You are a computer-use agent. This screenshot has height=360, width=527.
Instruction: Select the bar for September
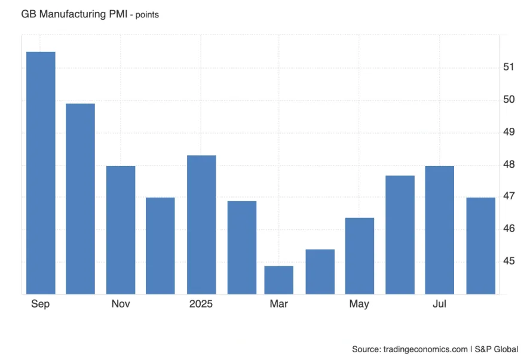coord(41,173)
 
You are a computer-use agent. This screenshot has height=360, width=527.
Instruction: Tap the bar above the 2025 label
coord(201,224)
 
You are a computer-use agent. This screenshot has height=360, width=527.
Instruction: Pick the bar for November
coord(121,230)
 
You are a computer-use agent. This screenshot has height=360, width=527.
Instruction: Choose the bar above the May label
coord(359,256)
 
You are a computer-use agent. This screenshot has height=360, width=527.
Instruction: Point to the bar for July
coord(440,230)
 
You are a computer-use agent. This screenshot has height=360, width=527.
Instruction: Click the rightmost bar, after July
coord(480,245)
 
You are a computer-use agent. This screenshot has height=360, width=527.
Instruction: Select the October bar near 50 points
coord(80,199)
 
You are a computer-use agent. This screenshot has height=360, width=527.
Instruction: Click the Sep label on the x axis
coord(40,304)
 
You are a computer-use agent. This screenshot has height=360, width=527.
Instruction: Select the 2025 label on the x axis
coord(201,304)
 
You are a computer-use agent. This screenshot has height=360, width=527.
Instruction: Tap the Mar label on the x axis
coord(278,304)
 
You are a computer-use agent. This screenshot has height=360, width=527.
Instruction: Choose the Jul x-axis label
coord(439,304)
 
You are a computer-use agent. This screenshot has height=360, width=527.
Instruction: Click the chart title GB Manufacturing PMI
coord(73,14)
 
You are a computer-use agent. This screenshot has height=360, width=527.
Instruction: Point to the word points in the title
coord(147,14)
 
